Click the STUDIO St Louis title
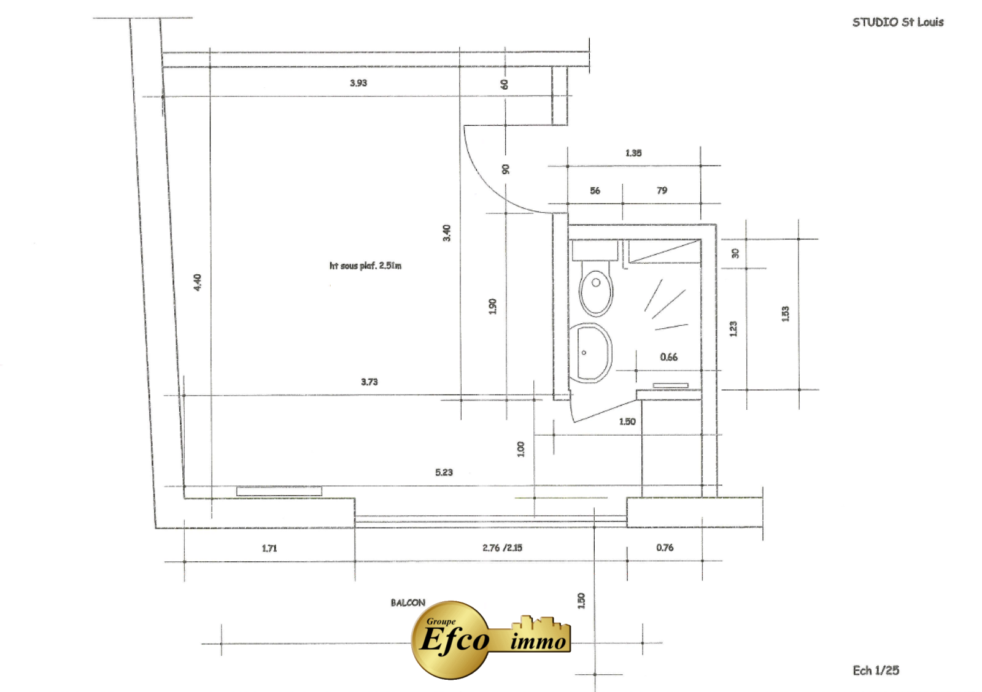(898, 22)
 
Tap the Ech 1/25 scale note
(875, 670)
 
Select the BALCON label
(408, 602)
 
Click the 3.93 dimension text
(358, 83)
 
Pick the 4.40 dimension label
(198, 282)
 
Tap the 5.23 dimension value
(444, 472)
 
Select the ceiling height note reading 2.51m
(365, 266)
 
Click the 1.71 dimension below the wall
(269, 548)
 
